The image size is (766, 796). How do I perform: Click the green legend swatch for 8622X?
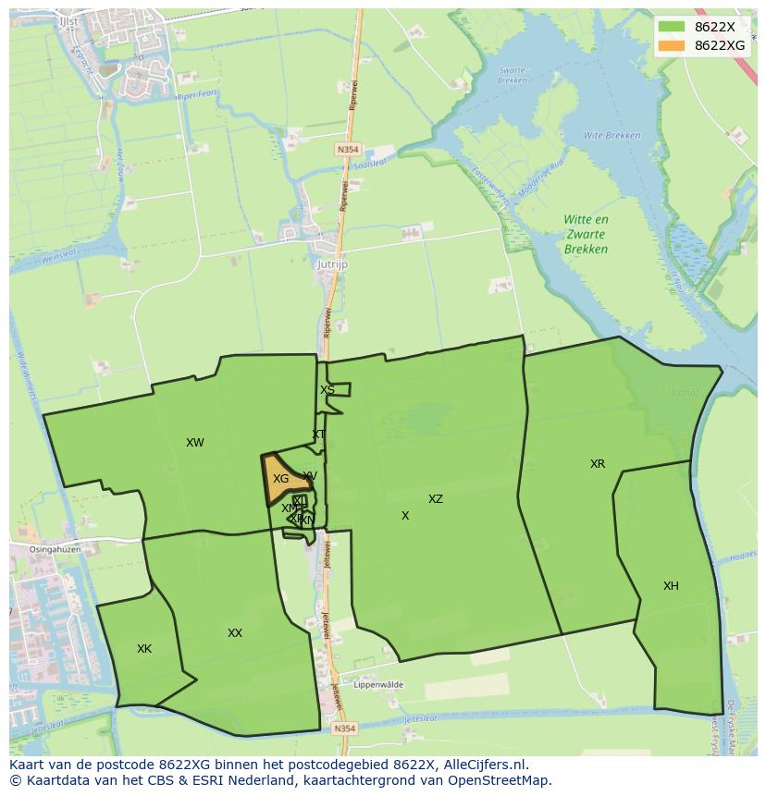point(672,27)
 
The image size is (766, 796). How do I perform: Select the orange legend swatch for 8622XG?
point(672,45)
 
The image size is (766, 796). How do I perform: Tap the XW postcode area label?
point(194,443)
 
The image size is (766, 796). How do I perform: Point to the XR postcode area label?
point(598,463)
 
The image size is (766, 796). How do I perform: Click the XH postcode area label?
point(671,585)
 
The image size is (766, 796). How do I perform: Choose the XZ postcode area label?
point(436,499)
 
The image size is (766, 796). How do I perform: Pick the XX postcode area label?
point(235,633)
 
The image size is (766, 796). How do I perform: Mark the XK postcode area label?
point(144,649)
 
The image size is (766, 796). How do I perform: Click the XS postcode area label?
point(327,390)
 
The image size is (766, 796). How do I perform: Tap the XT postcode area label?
point(318,435)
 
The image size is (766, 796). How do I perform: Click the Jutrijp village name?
point(330,263)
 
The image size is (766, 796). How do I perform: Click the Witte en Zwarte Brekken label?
point(587,234)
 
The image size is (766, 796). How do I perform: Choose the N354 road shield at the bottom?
point(344,729)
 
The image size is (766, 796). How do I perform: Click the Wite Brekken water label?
point(612,136)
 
